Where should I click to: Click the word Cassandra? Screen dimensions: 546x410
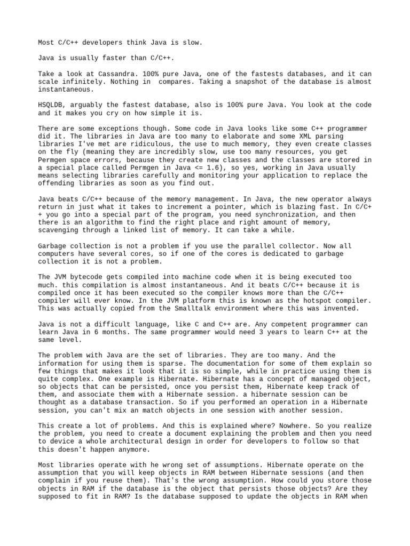[x=104, y=73]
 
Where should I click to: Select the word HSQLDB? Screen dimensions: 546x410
[x=51, y=105]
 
